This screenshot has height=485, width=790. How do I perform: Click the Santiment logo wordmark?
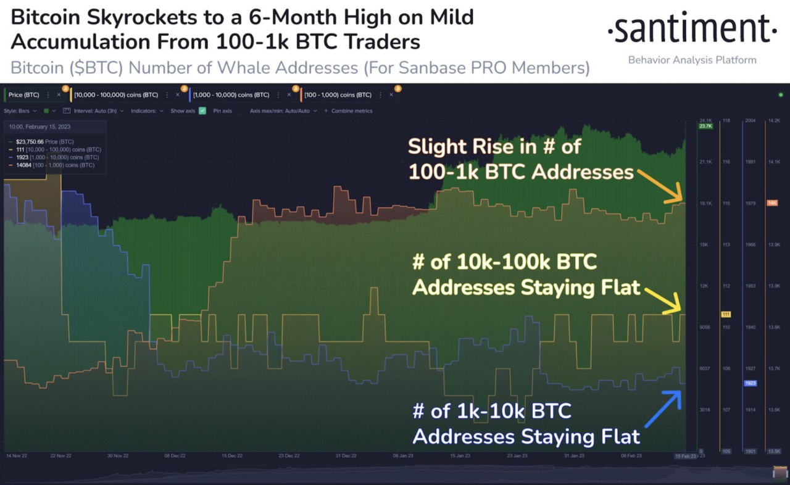click(692, 29)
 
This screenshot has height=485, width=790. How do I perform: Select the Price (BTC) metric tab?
click(24, 95)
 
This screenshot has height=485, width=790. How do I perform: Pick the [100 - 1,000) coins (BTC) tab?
click(338, 95)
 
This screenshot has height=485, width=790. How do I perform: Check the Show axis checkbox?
click(202, 111)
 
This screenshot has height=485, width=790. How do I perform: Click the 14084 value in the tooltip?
click(24, 165)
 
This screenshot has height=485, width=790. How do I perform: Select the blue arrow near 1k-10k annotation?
click(663, 408)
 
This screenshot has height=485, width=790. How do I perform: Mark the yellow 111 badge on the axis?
click(726, 315)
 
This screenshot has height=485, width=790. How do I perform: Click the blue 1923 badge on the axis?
click(750, 383)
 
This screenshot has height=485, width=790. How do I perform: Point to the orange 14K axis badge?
click(772, 203)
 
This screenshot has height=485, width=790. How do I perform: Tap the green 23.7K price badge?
click(706, 126)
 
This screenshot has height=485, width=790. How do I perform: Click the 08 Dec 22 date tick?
click(174, 456)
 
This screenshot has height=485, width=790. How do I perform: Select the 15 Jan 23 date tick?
click(461, 456)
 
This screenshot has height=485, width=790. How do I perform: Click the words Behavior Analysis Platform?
click(692, 60)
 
